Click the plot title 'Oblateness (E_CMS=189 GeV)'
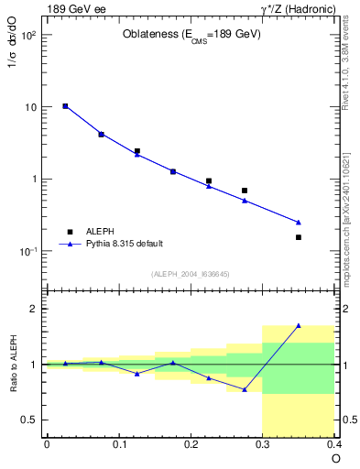[191, 35]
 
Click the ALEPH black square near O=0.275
[245, 191]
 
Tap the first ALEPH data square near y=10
[65, 106]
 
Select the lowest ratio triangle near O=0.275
[245, 389]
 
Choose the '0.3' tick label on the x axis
[263, 445]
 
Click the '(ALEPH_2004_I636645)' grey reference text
[191, 273]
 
